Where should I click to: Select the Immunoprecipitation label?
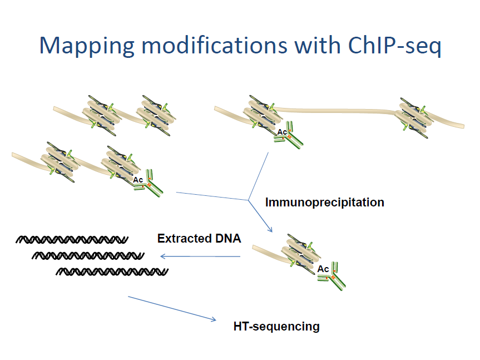click(x=324, y=202)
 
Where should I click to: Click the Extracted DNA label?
click(x=199, y=239)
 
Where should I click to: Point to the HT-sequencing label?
click(x=276, y=326)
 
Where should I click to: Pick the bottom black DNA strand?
click(x=113, y=272)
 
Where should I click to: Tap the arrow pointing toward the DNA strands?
click(x=200, y=257)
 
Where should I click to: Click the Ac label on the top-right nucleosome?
click(x=282, y=132)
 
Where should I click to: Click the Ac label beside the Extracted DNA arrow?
click(x=323, y=269)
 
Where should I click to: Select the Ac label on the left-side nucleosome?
click(x=138, y=180)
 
